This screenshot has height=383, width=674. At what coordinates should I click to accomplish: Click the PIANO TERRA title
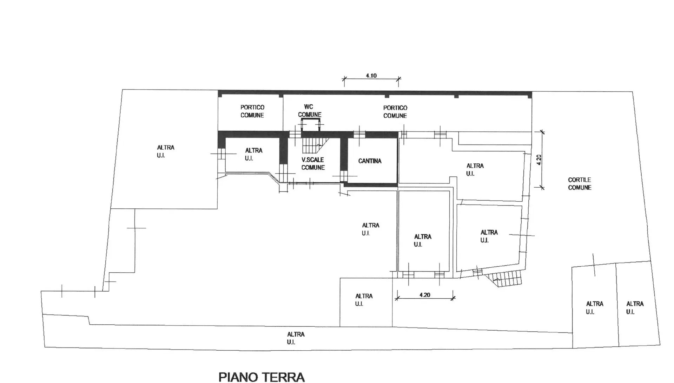(262, 377)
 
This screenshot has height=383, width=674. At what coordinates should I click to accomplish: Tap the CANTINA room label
(370, 161)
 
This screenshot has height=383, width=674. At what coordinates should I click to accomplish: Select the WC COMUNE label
(309, 111)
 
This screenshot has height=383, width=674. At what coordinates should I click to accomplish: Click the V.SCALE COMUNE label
(313, 163)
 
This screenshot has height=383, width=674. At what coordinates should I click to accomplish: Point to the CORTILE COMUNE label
(580, 184)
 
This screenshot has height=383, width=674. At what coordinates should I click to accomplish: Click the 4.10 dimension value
(371, 76)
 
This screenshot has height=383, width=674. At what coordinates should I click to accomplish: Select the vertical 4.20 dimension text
(539, 160)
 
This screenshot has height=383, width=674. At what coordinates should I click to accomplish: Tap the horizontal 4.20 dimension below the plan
(425, 295)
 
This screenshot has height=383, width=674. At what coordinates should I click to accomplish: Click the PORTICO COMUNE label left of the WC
(252, 111)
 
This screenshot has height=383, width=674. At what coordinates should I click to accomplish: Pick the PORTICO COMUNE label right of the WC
(395, 112)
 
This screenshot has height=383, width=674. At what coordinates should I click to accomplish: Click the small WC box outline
(310, 119)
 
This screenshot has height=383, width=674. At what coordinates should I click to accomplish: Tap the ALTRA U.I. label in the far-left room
(165, 151)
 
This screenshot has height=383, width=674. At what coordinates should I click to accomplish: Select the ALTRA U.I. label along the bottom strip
(296, 338)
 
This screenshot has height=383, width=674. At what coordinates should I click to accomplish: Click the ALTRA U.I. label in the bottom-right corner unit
(635, 307)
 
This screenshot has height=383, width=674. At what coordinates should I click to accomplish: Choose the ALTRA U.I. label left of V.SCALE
(253, 154)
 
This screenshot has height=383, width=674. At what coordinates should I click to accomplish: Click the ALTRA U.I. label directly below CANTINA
(370, 229)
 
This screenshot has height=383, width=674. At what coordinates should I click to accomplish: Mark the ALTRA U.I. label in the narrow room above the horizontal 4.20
(423, 241)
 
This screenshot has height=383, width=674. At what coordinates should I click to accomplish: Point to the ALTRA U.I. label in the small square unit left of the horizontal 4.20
(364, 300)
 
